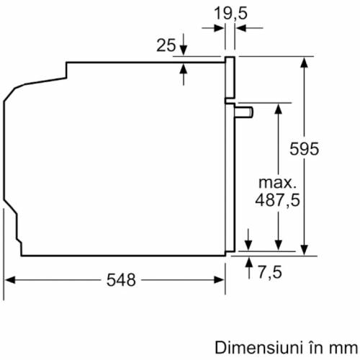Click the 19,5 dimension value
230,14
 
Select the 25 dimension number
166,45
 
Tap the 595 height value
304,149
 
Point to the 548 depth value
121,280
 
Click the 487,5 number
277,199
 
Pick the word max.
277,183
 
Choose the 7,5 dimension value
270,272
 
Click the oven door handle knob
244,112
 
